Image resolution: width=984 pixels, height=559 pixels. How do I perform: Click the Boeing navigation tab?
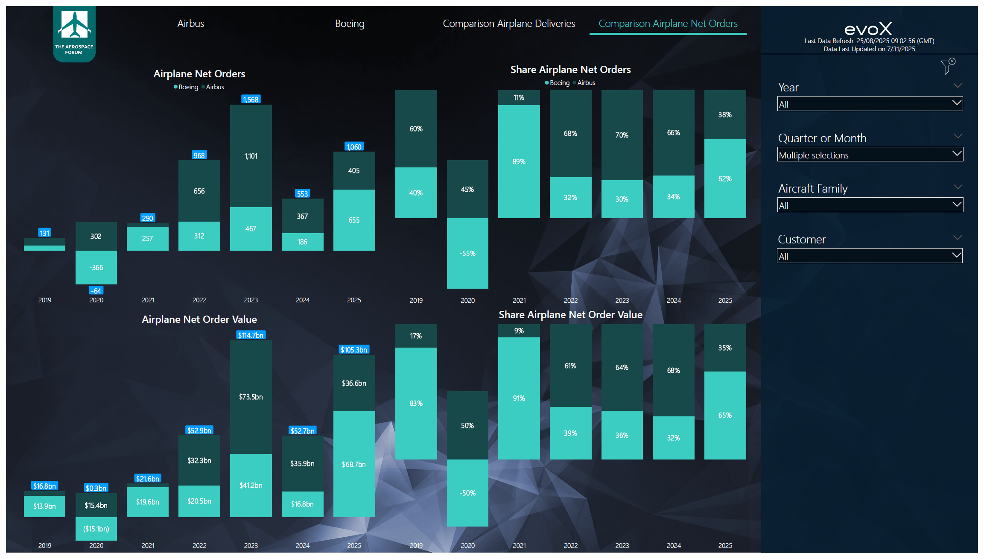pyautogui.click(x=350, y=23)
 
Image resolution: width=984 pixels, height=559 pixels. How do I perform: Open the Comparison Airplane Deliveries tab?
pyautogui.click(x=508, y=23)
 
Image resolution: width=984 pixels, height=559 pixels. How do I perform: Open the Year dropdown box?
pyautogui.click(x=870, y=104)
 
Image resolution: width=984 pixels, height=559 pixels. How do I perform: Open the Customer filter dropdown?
pyautogui.click(x=870, y=256)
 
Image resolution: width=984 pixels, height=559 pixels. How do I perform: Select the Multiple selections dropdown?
pyautogui.click(x=870, y=155)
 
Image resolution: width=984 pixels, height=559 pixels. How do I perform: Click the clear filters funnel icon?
pyautogui.click(x=947, y=67)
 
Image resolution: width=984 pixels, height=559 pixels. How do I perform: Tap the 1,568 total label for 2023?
pyautogui.click(x=251, y=100)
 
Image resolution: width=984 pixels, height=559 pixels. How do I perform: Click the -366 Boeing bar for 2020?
pyautogui.click(x=96, y=267)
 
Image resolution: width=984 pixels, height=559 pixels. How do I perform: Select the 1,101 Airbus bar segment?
pyautogui.click(x=251, y=156)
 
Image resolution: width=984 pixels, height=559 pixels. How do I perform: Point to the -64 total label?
pyautogui.click(x=96, y=291)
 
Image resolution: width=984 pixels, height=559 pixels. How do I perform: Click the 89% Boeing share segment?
pyautogui.click(x=519, y=161)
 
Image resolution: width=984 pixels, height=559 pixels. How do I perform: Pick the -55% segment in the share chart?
pyautogui.click(x=467, y=253)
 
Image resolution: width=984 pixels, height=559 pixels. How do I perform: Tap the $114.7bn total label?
pyautogui.click(x=251, y=335)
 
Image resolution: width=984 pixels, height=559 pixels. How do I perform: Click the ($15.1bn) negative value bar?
pyautogui.click(x=96, y=529)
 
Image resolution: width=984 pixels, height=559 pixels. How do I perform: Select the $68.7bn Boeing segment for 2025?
pyautogui.click(x=354, y=464)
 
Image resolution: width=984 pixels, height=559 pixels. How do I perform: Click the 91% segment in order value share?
pyautogui.click(x=519, y=398)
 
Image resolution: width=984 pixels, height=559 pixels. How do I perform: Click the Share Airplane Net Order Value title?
pyautogui.click(x=570, y=315)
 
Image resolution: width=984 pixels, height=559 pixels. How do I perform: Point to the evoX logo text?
pyautogui.click(x=868, y=29)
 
